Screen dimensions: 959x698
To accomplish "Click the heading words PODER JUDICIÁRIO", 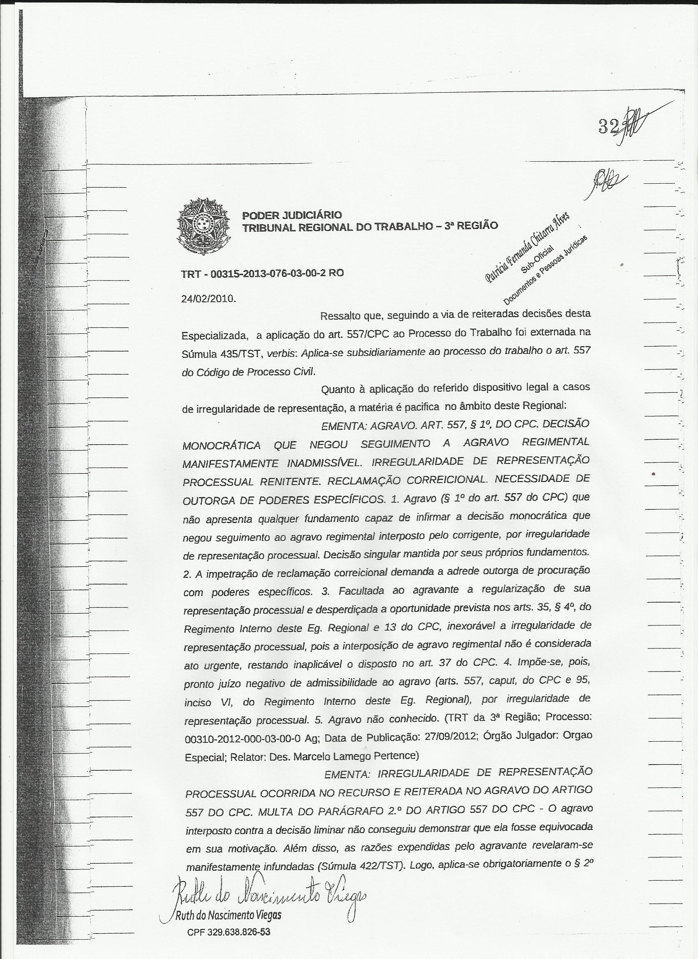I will (292, 215).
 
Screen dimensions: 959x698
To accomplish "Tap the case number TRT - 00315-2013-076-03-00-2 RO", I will (262, 273).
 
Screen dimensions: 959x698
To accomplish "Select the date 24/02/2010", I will (207, 299).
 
